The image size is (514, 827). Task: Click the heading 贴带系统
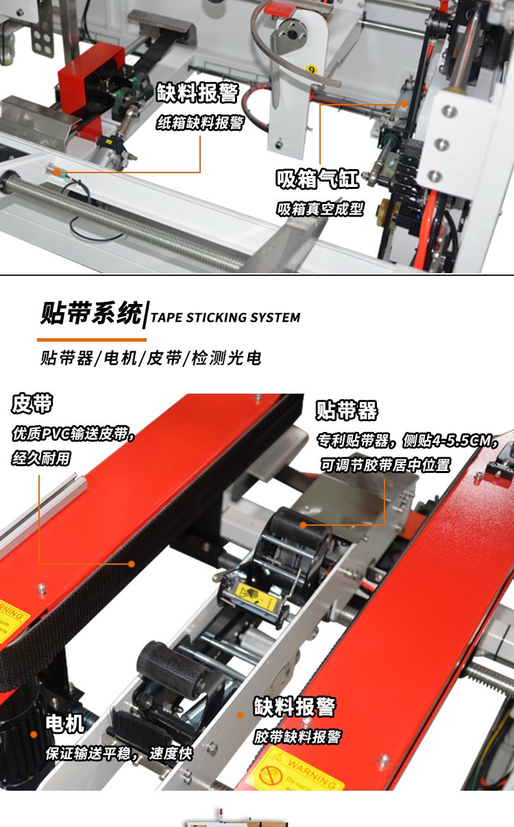tap(91, 313)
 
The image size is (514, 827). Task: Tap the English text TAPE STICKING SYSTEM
tap(225, 317)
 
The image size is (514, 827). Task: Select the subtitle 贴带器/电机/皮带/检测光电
tap(151, 358)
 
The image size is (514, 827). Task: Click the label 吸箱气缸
tap(317, 179)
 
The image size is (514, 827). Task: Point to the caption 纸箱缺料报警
tap(200, 123)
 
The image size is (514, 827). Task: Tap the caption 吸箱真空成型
tap(320, 209)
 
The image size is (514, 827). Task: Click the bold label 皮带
tap(32, 403)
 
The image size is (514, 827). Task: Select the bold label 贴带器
tap(347, 410)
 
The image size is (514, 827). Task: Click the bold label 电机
tap(65, 723)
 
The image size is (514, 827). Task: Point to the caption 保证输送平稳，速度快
tap(119, 754)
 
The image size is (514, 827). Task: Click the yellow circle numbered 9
tap(312, 69)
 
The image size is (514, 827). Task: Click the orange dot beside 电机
tap(34, 735)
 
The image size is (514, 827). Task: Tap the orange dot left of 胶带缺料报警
tap(240, 715)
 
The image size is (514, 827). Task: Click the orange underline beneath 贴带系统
tap(92, 340)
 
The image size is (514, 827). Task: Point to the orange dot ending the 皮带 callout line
tap(131, 563)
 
